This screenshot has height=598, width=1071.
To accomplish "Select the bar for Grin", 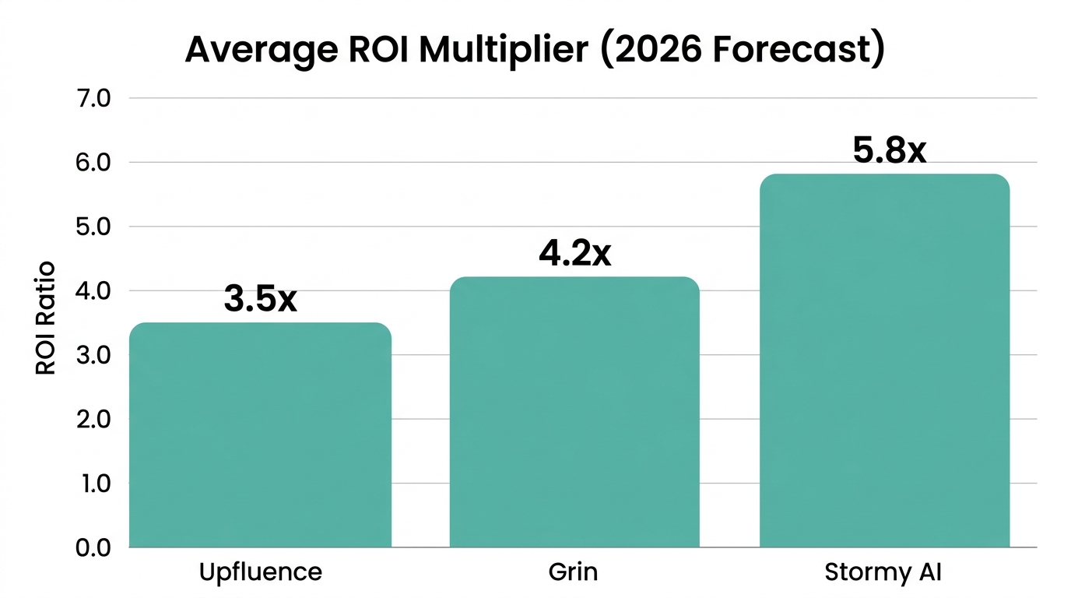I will (574, 412).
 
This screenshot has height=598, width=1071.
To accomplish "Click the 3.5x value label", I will (260, 300).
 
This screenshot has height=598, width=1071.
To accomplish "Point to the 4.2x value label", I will (574, 254).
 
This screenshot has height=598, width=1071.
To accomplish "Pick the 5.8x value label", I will (889, 150).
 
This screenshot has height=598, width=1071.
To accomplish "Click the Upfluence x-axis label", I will (260, 572).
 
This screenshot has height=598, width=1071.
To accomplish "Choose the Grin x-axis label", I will (573, 572).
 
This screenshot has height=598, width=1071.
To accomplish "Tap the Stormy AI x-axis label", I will (883, 572).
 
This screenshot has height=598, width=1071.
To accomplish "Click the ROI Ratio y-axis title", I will (46, 318).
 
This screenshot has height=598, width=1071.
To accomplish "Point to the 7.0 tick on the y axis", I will (94, 99).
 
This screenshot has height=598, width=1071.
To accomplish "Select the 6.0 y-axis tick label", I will (94, 163).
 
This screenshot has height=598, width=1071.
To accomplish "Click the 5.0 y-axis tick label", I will (94, 227).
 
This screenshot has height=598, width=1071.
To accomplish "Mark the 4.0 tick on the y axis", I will (94, 291).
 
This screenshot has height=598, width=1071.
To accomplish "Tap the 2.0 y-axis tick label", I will (94, 420).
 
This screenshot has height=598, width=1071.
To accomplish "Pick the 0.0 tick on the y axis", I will (94, 548).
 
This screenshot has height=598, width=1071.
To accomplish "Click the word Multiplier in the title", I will (504, 50).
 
